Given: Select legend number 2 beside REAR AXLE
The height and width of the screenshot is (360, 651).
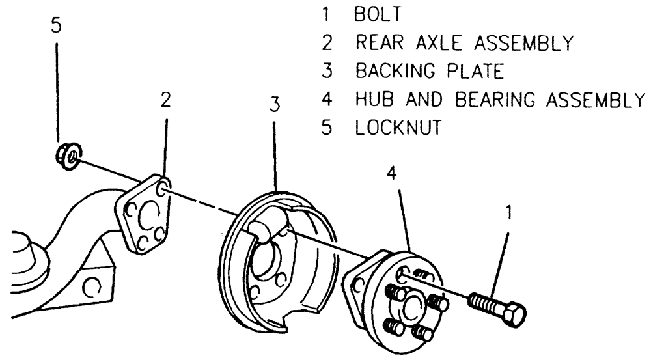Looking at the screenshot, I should click(327, 42).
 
